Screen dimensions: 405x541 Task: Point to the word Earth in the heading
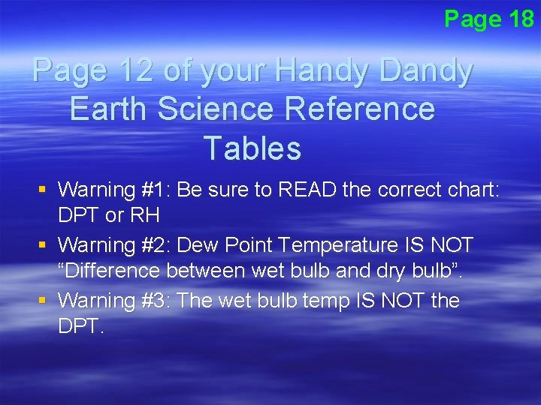(x=107, y=109)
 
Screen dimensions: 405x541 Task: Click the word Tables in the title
(x=252, y=148)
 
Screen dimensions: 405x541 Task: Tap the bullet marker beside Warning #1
(x=45, y=190)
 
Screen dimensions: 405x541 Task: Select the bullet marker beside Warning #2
(x=45, y=245)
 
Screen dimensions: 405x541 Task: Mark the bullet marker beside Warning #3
(x=45, y=301)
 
